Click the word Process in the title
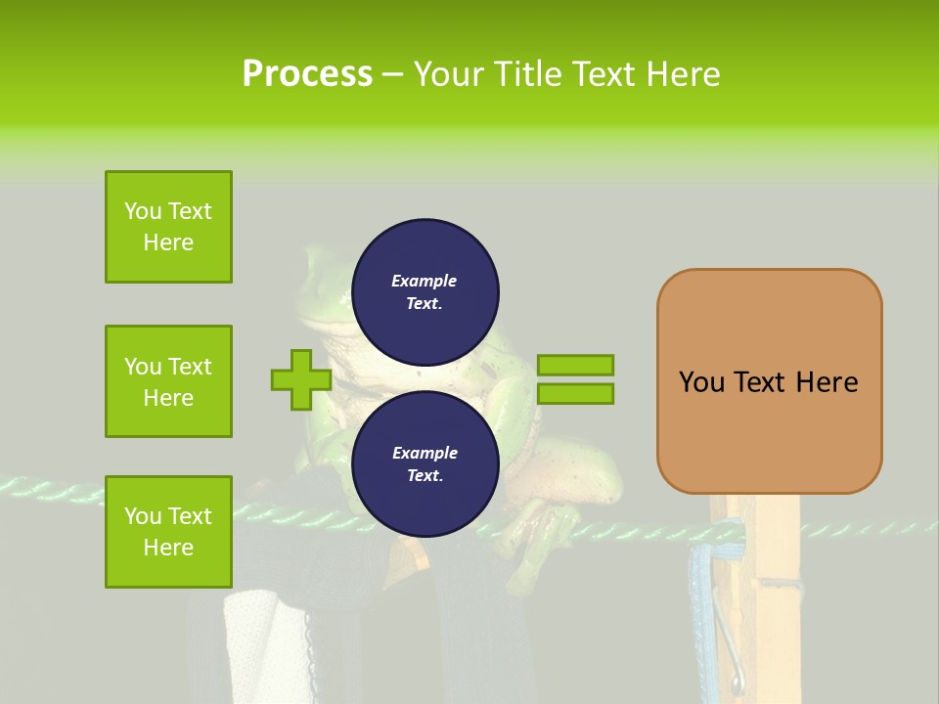(307, 74)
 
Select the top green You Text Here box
(168, 227)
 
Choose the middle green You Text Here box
(168, 381)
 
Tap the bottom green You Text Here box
(168, 532)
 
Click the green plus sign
(300, 379)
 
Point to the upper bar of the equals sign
(575, 365)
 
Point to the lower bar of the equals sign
(575, 394)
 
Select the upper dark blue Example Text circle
(425, 292)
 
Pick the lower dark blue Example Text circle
(425, 464)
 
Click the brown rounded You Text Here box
(769, 381)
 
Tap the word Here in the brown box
(827, 382)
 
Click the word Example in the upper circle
(424, 282)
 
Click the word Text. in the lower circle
(424, 476)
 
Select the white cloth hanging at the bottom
(256, 645)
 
